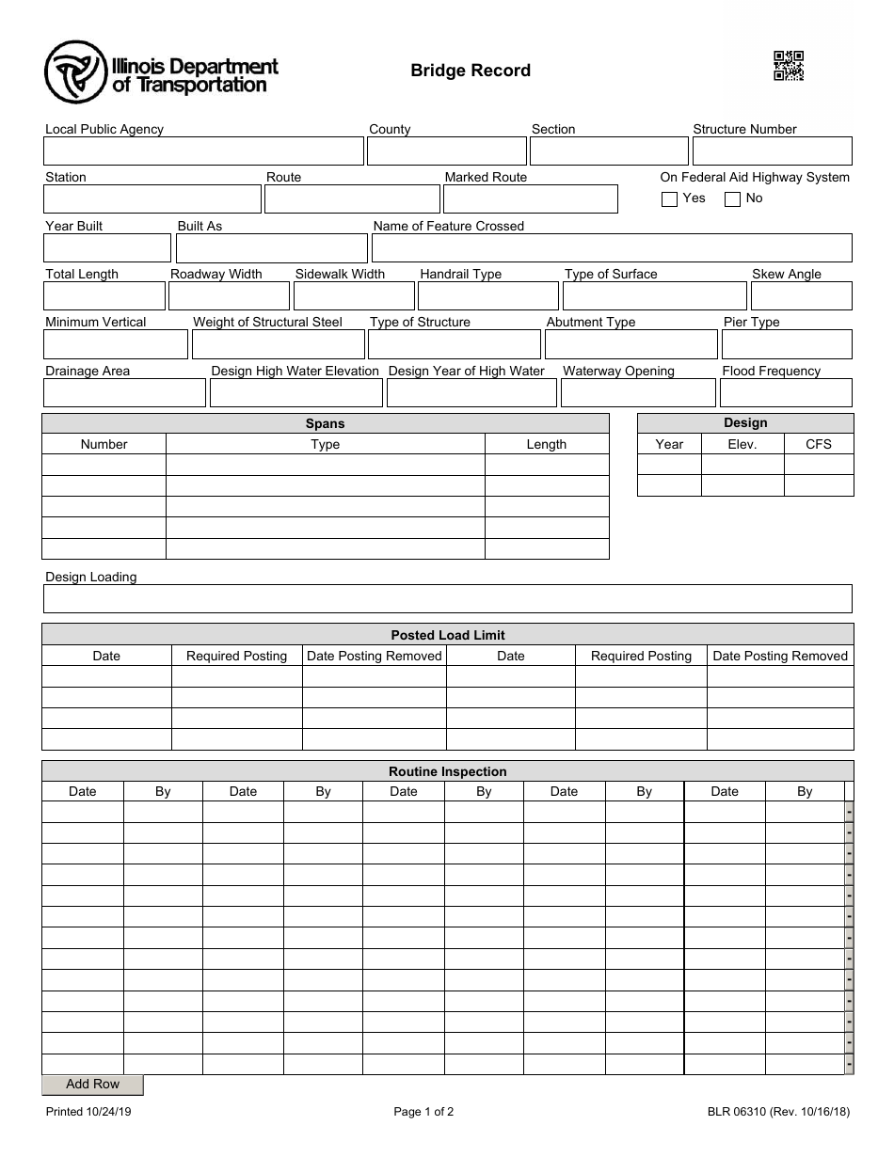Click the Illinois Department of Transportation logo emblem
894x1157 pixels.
[75, 72]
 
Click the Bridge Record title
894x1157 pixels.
[470, 71]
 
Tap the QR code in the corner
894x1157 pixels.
[788, 66]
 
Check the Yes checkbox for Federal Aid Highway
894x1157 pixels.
[669, 199]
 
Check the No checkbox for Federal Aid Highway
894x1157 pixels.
[732, 199]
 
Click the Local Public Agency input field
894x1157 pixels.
[202, 151]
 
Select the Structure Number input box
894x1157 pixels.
[772, 151]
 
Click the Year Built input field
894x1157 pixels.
[106, 248]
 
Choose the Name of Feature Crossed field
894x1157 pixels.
[611, 248]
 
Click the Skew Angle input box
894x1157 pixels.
[801, 296]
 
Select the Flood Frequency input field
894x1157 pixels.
[786, 393]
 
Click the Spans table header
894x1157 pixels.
[325, 423]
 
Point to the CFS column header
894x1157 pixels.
[818, 444]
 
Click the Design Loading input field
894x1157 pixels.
[447, 599]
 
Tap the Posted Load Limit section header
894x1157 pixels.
[447, 635]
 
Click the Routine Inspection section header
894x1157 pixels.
[447, 771]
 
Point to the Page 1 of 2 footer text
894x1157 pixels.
[423, 1112]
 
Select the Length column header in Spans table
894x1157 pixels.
[546, 444]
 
